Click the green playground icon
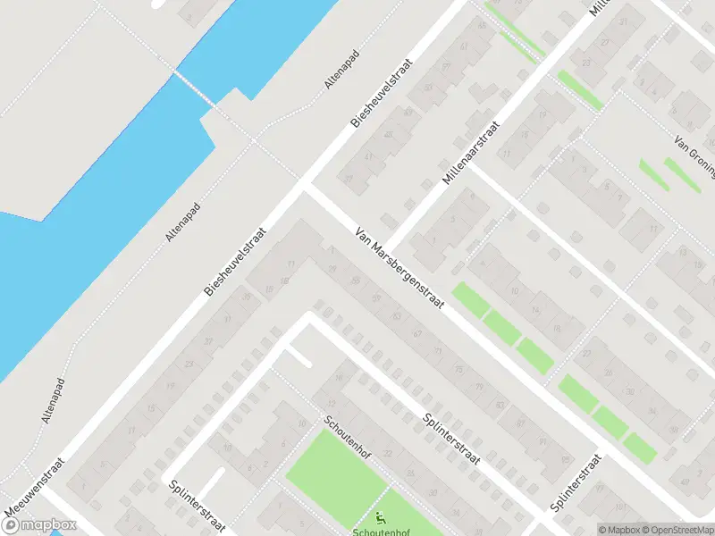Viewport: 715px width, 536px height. point(381,515)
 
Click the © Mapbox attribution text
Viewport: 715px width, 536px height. point(618,530)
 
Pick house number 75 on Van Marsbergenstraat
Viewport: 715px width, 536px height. point(458,368)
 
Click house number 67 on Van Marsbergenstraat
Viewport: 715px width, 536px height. point(416,332)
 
